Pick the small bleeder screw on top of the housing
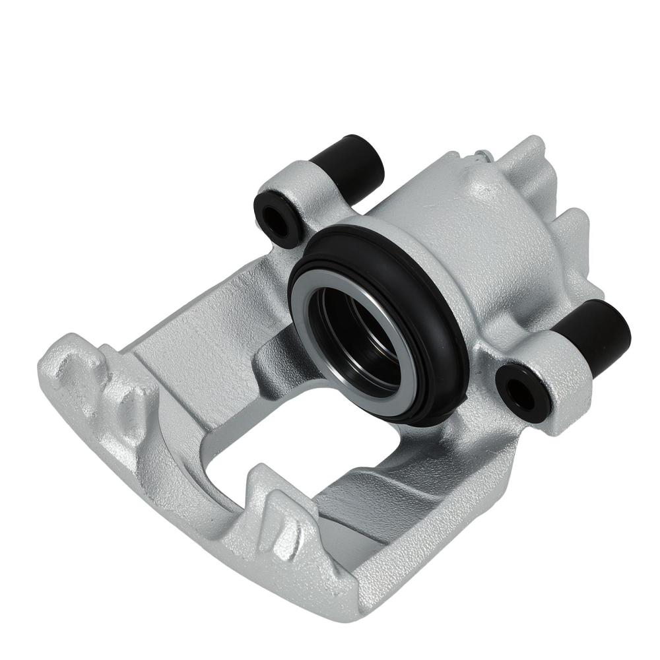480,156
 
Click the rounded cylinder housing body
462,231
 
